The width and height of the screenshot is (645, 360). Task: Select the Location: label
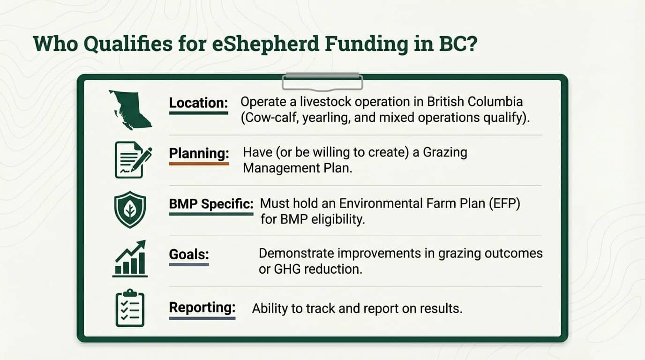198,103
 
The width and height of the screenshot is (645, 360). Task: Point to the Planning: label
199,153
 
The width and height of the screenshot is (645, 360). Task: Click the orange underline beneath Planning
199,164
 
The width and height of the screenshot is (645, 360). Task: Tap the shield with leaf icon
130,210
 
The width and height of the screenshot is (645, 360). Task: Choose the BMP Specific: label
211,204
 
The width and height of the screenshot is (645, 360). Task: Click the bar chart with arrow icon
130,259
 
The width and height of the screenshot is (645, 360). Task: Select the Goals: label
188,255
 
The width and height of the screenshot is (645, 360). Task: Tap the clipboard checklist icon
130,308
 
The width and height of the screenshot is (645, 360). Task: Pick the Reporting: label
202,307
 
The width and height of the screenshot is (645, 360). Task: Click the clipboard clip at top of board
322,82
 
